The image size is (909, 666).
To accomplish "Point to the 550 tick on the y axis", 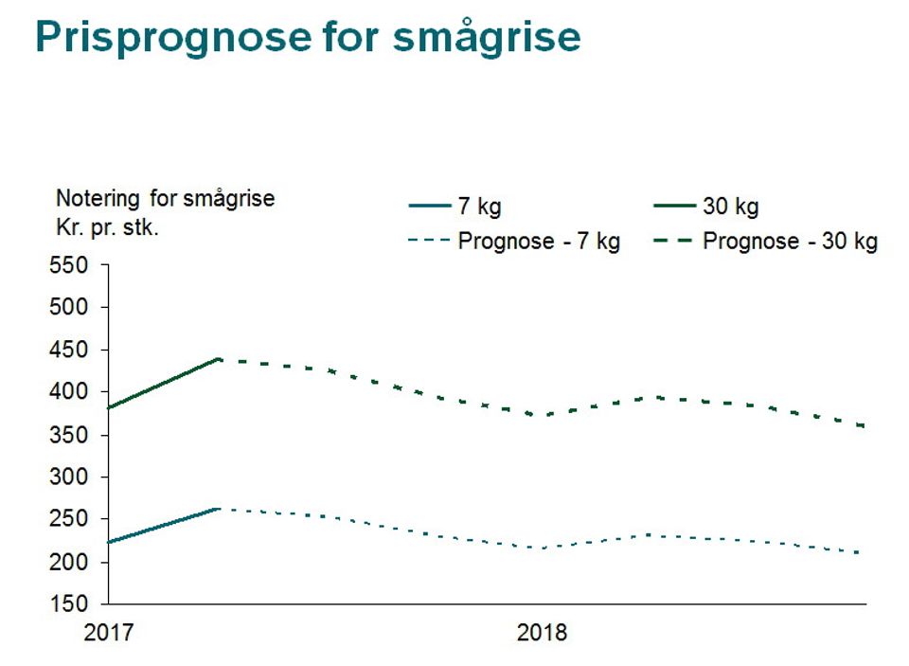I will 68,265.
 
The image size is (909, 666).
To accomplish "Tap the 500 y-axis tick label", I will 68,308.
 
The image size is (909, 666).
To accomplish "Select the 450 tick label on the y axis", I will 68,351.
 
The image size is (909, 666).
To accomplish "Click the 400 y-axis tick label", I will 68,392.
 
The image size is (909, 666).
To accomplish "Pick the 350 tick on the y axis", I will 68,436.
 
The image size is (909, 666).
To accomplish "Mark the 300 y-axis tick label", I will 68,477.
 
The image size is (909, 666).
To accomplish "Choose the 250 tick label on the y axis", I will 68,520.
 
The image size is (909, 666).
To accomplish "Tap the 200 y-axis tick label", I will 68,563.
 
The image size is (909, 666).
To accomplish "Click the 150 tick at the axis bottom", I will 68,604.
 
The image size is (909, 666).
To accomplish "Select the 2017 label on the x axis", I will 109,632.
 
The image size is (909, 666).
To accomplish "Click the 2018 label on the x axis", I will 542,632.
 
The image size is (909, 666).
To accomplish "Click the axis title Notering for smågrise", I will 166,199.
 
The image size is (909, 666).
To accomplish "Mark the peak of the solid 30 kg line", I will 220,359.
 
